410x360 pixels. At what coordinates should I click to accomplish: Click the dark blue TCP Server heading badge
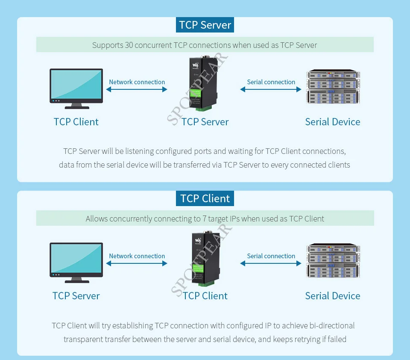click(x=205, y=25)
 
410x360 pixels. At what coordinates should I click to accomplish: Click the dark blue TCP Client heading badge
click(x=205, y=198)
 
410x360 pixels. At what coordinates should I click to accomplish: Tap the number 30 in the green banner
click(x=129, y=45)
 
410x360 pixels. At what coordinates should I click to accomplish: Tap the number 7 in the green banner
click(x=198, y=219)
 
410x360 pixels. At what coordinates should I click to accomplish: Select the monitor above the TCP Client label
click(x=76, y=88)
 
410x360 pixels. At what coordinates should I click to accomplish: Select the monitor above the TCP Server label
click(x=76, y=262)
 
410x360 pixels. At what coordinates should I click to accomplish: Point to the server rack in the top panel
click(x=332, y=87)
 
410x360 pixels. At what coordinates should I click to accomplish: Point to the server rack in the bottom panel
click(x=332, y=261)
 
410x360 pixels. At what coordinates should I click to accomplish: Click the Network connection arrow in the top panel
click(x=137, y=89)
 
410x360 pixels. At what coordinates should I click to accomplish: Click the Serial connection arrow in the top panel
click(x=271, y=89)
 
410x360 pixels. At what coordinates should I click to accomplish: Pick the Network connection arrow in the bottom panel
click(x=137, y=263)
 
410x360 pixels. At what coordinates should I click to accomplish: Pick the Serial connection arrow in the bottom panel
click(x=271, y=263)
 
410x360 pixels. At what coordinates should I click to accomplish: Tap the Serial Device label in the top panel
click(x=332, y=122)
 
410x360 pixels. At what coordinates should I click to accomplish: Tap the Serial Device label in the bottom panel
click(x=332, y=296)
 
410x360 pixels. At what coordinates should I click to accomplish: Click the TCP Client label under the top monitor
click(x=76, y=122)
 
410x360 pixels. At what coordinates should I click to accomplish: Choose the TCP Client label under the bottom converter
click(x=205, y=296)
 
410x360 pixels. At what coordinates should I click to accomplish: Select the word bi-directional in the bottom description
click(x=327, y=326)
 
